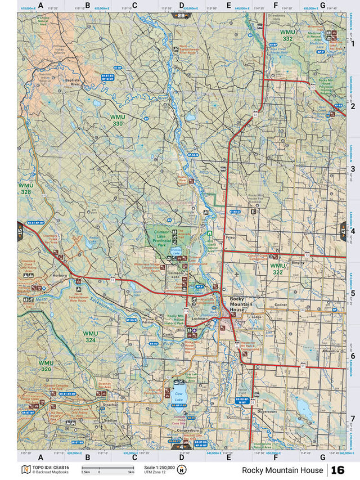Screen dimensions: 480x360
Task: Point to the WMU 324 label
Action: [x=91, y=337]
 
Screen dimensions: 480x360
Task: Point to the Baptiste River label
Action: [x=72, y=82]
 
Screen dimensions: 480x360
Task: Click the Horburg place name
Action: [x=60, y=276]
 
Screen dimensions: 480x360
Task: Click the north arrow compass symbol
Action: [x=181, y=470]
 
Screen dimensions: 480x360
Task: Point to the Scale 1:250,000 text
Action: [x=159, y=466]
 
